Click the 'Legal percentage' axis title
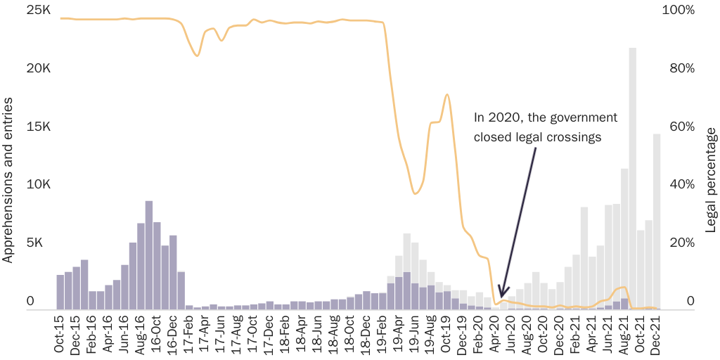[x=710, y=180]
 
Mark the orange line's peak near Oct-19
[x=446, y=95]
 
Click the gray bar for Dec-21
[x=657, y=221]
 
